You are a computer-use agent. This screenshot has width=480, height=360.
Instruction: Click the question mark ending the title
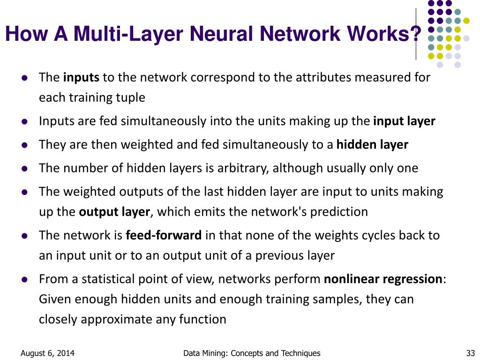point(415,34)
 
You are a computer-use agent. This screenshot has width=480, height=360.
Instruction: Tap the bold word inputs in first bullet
point(81,77)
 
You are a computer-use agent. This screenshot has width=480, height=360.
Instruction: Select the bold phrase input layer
point(404,121)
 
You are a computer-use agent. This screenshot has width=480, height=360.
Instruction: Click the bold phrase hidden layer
point(372,145)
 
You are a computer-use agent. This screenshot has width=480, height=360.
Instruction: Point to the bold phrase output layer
point(114,212)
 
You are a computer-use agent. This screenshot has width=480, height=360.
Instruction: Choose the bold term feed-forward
point(164,235)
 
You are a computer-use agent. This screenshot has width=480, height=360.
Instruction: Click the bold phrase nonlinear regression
point(383,279)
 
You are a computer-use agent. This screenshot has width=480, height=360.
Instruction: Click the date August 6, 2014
point(47,353)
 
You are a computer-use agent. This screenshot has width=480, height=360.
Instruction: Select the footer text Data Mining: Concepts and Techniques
point(252,353)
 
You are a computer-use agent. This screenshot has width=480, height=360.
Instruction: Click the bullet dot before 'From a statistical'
point(24,280)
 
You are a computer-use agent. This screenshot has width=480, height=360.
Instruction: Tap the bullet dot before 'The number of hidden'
point(24,168)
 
